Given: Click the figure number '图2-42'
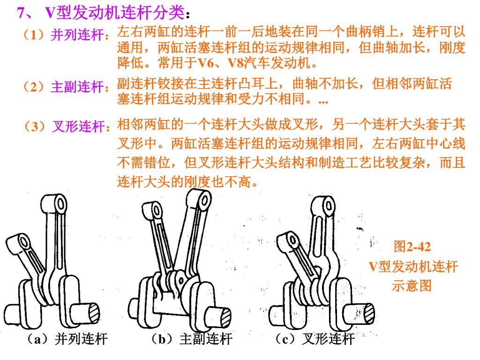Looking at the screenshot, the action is click(412, 247).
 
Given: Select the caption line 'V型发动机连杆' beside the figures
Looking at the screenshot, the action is click(412, 267).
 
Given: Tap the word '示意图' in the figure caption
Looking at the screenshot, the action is click(412, 285).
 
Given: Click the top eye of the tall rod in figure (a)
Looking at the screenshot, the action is click(60, 205).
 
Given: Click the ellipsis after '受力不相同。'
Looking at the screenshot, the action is click(323, 101).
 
